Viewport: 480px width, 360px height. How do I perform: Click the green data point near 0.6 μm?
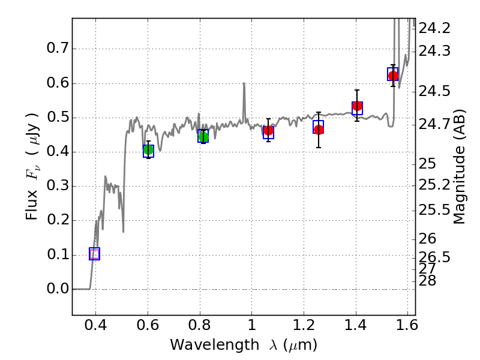pyautogui.click(x=148, y=150)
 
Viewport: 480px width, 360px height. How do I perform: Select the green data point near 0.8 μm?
pyautogui.click(x=203, y=137)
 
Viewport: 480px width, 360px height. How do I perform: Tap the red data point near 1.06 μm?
pyautogui.click(x=268, y=131)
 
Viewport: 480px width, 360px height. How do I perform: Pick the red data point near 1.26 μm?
pyautogui.click(x=319, y=130)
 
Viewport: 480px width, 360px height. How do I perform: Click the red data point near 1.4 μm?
pyautogui.click(x=358, y=106)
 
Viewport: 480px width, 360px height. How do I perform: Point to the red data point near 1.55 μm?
pyautogui.click(x=393, y=76)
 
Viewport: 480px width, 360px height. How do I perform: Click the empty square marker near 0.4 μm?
pyautogui.click(x=94, y=254)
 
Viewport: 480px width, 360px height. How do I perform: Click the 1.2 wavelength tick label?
pyautogui.click(x=303, y=328)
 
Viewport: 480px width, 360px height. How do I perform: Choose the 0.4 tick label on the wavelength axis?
pyautogui.click(x=95, y=328)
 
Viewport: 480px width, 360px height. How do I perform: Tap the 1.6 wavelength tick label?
pyautogui.click(x=407, y=328)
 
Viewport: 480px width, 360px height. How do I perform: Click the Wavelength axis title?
pyautogui.click(x=243, y=345)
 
